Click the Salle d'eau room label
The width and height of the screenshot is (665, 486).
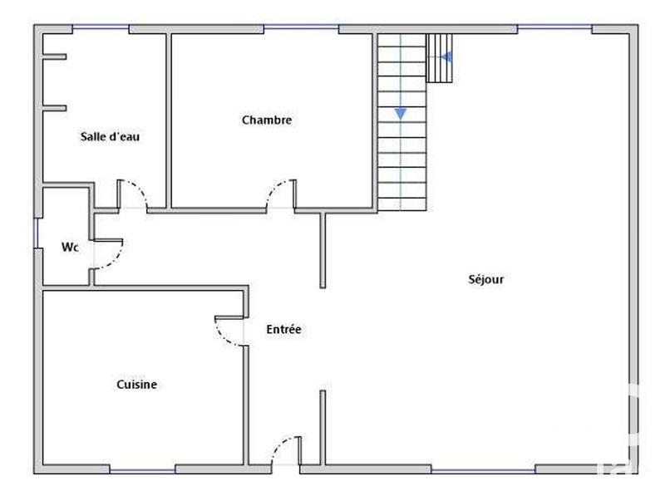tap(110, 137)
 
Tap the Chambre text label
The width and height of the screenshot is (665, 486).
tap(267, 120)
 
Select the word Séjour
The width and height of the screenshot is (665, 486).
tap(486, 279)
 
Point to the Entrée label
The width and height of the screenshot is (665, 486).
tap(283, 329)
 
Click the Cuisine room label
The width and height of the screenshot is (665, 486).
tap(137, 385)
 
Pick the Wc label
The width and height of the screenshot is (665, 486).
tap(70, 248)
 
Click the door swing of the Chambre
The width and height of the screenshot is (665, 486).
tap(280, 193)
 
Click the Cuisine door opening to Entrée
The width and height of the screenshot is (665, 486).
tap(230, 331)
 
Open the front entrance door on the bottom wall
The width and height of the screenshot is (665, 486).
tap(286, 452)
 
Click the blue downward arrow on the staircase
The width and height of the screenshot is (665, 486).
tap(401, 113)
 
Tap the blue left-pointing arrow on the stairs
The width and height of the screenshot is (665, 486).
tap(446, 57)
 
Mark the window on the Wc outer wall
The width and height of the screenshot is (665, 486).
tap(37, 233)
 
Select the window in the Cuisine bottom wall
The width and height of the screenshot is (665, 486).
tap(141, 471)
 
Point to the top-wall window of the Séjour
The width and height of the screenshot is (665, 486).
tap(554, 29)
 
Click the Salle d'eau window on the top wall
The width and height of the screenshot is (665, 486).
tap(101, 29)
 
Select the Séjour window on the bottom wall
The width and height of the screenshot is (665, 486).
tap(470, 471)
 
